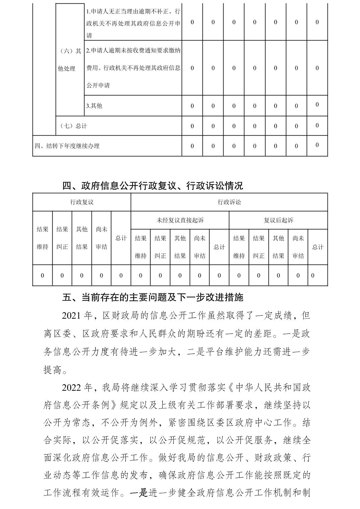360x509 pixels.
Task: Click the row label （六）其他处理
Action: [70, 60]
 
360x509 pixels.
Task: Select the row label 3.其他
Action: [94, 106]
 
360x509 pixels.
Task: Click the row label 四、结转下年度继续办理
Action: [67, 146]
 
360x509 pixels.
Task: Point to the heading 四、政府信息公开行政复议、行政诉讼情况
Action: [153, 186]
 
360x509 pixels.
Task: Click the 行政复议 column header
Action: [81, 202]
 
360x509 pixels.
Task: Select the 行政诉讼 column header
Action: [229, 202]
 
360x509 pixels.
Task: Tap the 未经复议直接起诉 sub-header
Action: [180, 220]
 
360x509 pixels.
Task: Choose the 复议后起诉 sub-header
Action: [278, 220]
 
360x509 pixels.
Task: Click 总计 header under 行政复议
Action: [121, 238]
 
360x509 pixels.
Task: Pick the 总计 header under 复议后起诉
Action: [317, 247]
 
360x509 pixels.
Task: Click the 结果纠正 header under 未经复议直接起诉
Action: [160, 247]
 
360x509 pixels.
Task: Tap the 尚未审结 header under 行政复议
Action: [101, 238]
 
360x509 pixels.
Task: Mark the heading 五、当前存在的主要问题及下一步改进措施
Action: [153, 297]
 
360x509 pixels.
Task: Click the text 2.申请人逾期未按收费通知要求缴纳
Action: [133, 51]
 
